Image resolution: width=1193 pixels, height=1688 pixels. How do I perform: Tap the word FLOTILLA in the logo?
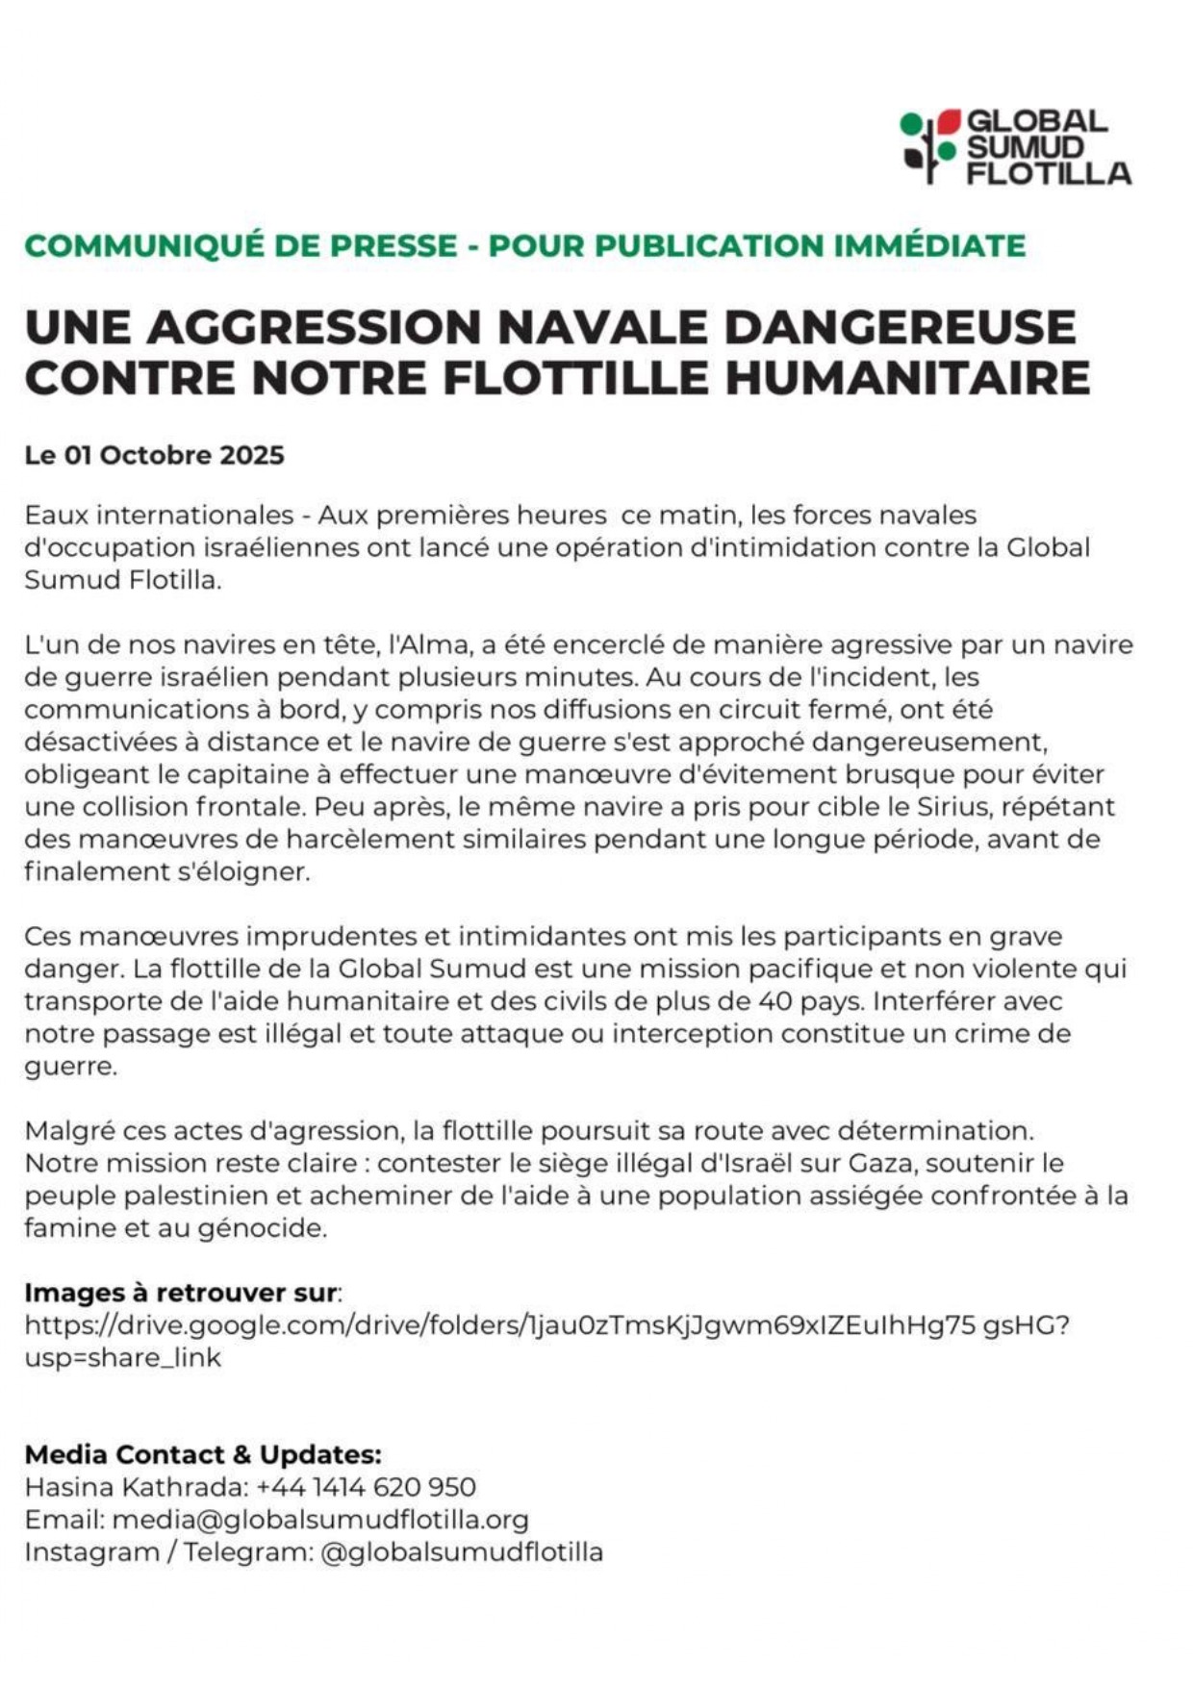pos(1049,174)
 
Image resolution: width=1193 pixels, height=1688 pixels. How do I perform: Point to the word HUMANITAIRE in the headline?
pos(907,377)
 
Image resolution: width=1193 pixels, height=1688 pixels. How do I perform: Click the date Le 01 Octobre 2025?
pos(155,455)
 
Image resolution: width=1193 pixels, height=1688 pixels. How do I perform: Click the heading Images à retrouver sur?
pos(181,1293)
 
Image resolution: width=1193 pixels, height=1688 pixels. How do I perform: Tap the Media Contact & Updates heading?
pos(203,1454)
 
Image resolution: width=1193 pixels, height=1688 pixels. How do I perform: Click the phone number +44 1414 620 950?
pos(367,1487)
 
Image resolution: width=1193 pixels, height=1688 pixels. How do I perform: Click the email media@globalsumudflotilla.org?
pos(320,1520)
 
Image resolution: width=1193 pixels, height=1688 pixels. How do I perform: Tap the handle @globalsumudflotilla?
pos(461,1552)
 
